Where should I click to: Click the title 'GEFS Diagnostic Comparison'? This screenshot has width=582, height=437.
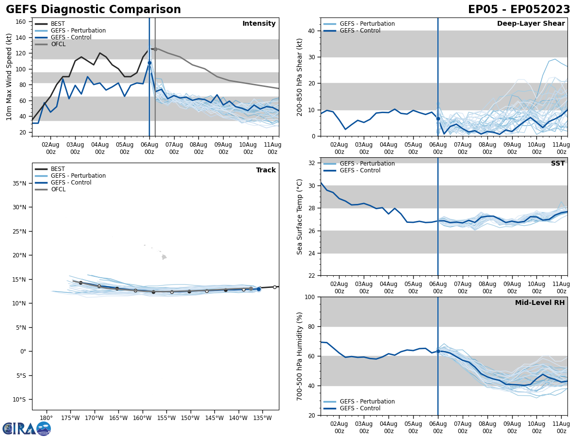click(x=93, y=10)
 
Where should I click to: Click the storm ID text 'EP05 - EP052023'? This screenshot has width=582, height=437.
click(x=519, y=10)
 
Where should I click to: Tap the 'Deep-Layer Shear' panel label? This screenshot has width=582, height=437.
click(x=531, y=24)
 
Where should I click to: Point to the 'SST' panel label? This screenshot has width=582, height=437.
click(x=557, y=164)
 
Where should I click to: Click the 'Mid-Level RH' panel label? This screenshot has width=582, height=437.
click(x=539, y=303)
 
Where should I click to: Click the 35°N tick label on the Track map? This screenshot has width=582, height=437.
click(x=20, y=184)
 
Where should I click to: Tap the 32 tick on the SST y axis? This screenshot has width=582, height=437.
click(x=312, y=163)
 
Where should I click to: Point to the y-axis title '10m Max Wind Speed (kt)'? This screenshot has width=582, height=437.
click(x=9, y=77)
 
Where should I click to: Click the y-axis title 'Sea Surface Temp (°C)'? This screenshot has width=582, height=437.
click(x=300, y=217)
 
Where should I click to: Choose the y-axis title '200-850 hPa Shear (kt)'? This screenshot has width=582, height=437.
click(x=300, y=77)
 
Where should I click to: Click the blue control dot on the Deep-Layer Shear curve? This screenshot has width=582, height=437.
click(x=438, y=118)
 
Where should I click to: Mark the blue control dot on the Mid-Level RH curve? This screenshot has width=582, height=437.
click(x=438, y=351)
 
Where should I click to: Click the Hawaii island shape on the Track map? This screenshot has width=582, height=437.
click(x=164, y=257)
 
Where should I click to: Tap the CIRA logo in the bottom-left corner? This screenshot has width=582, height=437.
click(x=27, y=428)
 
